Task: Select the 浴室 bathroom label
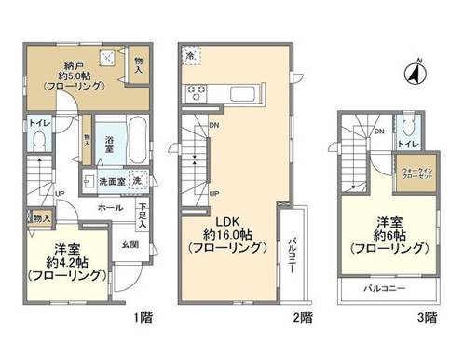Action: [x=109, y=146]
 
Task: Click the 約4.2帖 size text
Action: [x=57, y=262]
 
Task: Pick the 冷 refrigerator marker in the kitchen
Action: [x=190, y=55]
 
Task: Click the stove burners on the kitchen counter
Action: [x=198, y=92]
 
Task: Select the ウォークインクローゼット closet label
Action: [x=414, y=174]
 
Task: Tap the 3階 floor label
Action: [x=426, y=317]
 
